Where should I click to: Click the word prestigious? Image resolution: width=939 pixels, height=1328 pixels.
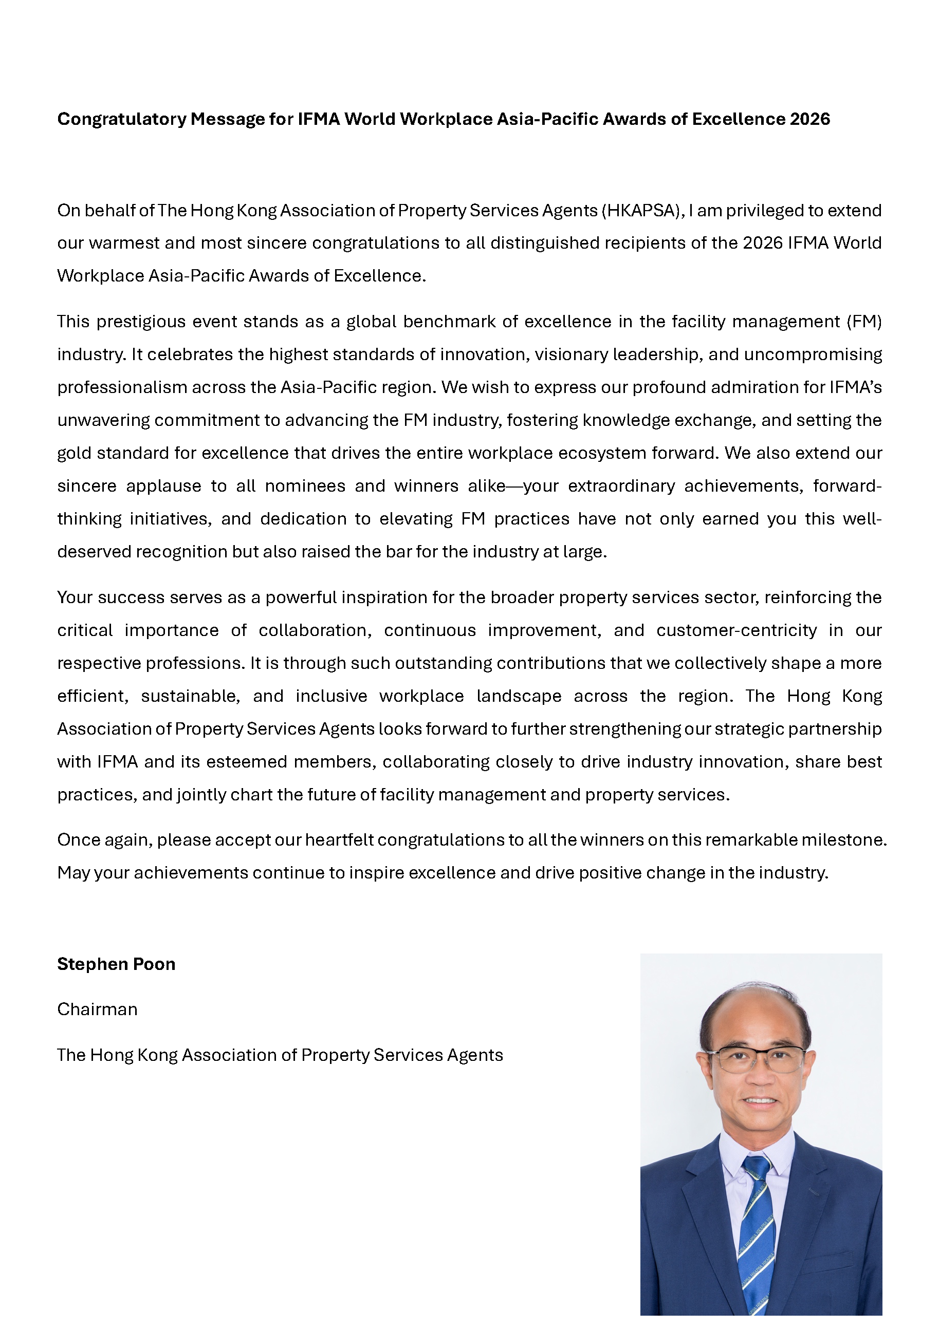[x=141, y=322]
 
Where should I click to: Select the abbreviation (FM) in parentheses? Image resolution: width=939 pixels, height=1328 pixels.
[x=864, y=322]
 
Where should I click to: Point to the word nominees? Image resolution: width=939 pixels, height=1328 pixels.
[x=305, y=486]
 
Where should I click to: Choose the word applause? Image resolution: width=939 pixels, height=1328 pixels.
[x=164, y=486]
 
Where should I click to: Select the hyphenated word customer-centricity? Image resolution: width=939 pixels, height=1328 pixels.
[x=736, y=630]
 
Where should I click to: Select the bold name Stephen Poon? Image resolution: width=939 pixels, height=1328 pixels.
[x=116, y=964]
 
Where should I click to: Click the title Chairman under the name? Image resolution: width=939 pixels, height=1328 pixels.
[x=97, y=1009]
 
